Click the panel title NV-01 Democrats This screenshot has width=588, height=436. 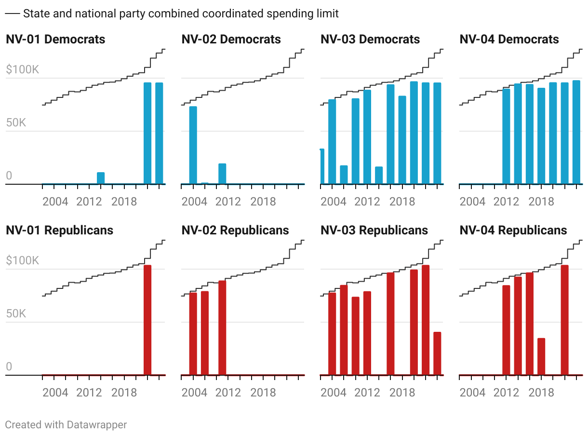coord(55,40)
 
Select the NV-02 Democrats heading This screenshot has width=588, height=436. coord(231,40)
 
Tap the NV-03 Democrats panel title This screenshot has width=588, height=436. coord(370,40)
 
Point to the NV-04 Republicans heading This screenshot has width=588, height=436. coord(513,231)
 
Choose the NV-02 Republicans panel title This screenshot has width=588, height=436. coord(235,231)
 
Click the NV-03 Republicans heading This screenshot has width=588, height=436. coord(374,231)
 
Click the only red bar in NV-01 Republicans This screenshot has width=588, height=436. coord(147,320)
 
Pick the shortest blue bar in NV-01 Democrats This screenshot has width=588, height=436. coord(101,178)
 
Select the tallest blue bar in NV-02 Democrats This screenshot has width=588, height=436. coord(193,145)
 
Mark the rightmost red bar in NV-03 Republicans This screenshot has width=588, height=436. coord(437,354)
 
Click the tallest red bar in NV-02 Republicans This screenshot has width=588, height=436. coord(222,328)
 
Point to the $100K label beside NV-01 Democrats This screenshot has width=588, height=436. coord(23,70)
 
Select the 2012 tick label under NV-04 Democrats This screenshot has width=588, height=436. coord(507,201)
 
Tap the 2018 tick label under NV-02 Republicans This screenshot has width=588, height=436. coord(263,392)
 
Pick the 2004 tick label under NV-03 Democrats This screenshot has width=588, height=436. coord(334,201)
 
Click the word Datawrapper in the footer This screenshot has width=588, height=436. coord(97,425)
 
